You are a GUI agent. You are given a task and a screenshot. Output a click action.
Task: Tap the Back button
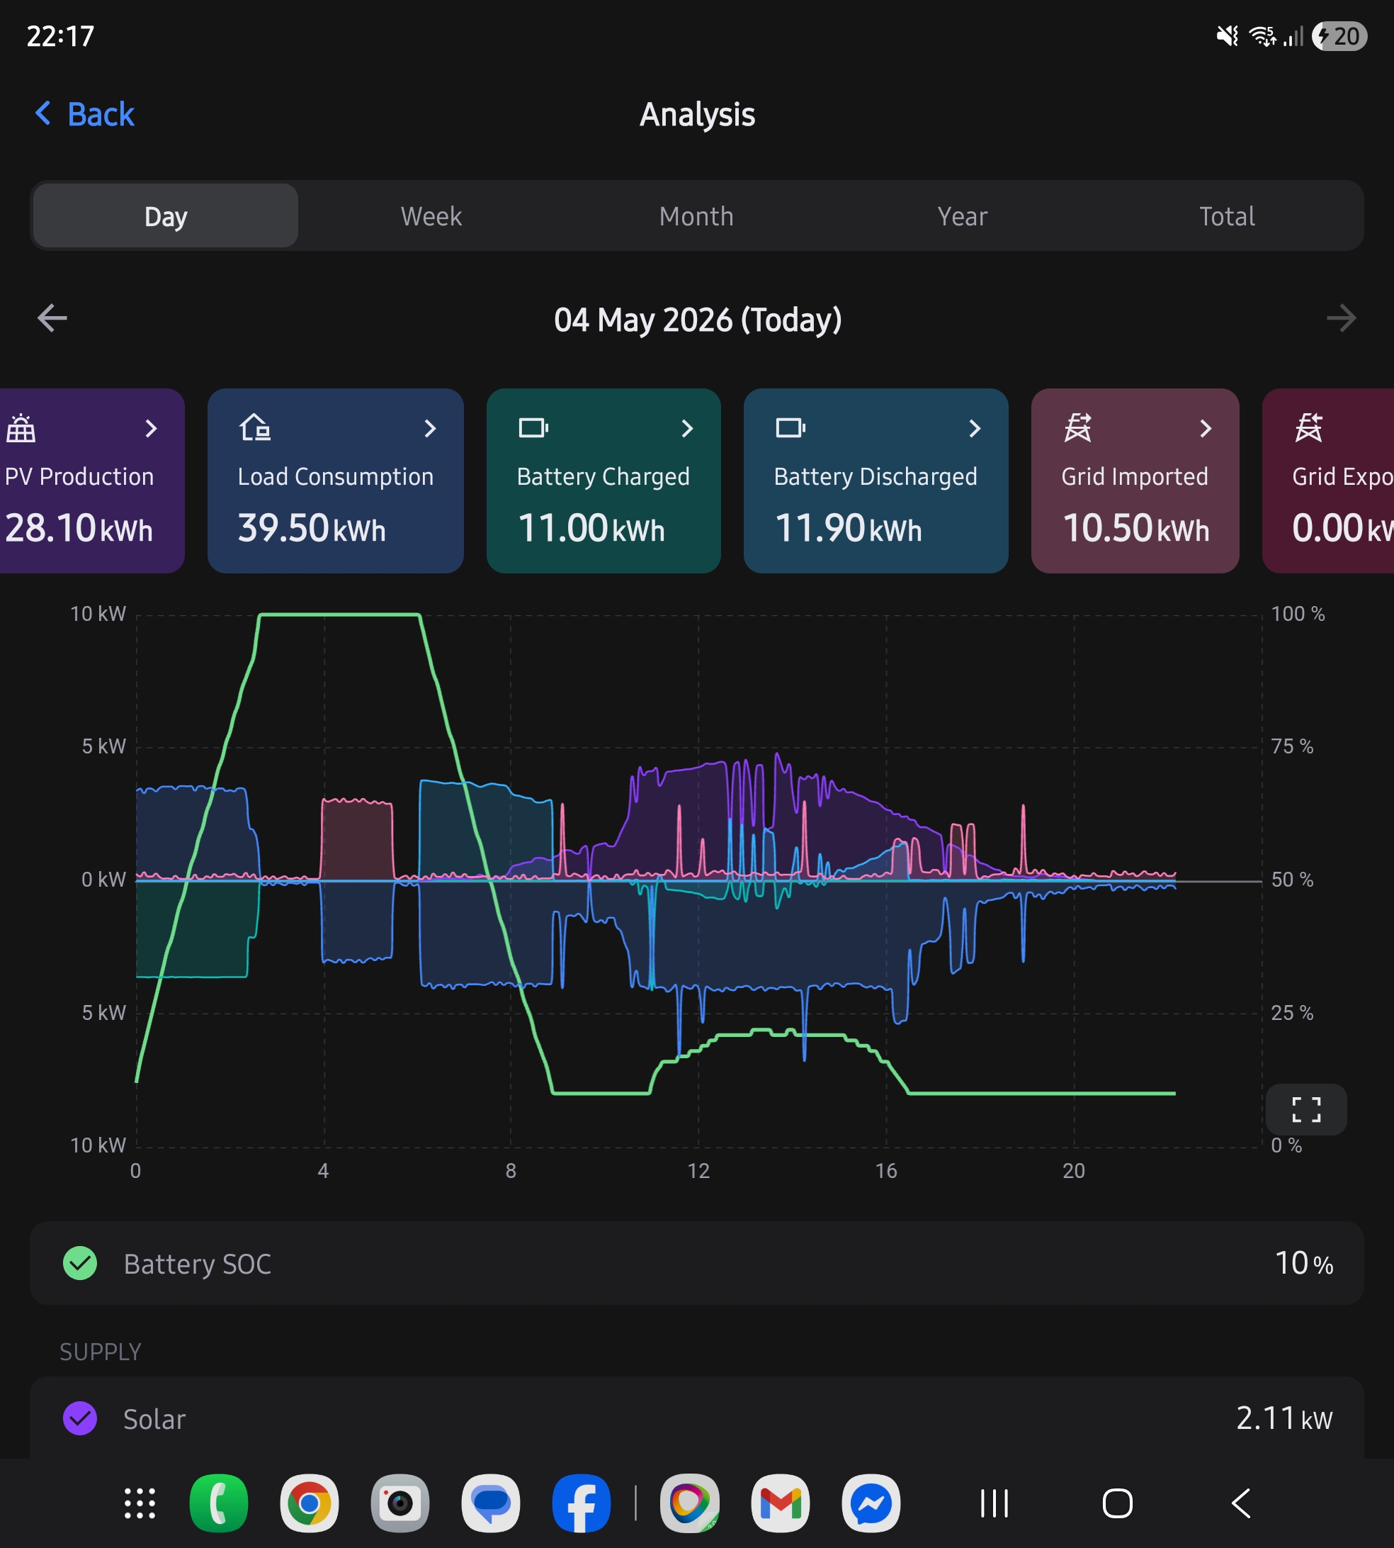point(85,114)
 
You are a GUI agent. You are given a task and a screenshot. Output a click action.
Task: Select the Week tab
point(431,216)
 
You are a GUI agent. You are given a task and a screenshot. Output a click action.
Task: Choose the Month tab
point(696,216)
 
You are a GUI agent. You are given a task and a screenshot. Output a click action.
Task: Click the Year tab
point(962,216)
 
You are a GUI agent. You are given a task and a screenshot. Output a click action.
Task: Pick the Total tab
point(1227,216)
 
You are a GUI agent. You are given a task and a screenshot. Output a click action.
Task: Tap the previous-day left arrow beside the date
point(52,318)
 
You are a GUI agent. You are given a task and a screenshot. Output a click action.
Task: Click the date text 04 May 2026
point(643,320)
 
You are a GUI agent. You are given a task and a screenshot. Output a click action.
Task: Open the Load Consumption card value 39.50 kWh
point(312,528)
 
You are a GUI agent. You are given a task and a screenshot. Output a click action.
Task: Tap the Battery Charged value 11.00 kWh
point(591,528)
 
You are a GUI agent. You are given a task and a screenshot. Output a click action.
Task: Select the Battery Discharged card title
point(875,476)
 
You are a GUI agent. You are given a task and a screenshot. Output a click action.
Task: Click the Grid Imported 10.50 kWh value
point(1136,528)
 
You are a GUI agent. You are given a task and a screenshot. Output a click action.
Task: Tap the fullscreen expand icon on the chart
point(1306,1109)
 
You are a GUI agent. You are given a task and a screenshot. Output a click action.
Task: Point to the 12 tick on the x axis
point(698,1170)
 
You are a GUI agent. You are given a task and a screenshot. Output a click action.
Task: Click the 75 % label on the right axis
point(1292,746)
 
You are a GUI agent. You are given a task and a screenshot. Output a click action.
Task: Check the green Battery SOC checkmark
point(79,1263)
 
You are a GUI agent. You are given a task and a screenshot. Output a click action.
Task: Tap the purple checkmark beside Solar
point(79,1418)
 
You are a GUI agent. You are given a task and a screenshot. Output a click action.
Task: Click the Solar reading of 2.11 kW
point(1284,1418)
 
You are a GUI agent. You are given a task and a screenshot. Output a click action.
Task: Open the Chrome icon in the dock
point(310,1503)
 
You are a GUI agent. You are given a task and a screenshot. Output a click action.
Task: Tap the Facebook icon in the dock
point(582,1503)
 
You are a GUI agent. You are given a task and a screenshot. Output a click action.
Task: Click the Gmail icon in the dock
point(781,1503)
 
